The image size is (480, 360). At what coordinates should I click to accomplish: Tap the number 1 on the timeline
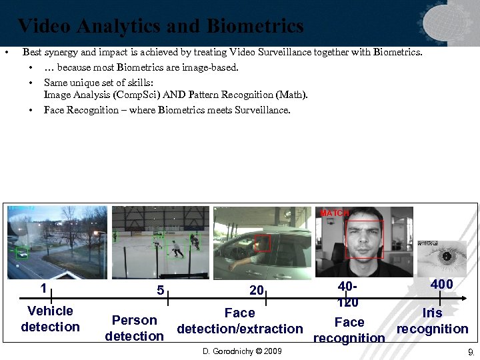pyautogui.click(x=43, y=289)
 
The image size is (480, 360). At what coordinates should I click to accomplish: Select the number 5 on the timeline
pyautogui.click(x=160, y=291)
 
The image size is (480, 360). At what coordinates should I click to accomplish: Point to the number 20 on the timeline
pyautogui.click(x=257, y=291)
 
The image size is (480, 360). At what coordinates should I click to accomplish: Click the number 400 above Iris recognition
pyautogui.click(x=441, y=285)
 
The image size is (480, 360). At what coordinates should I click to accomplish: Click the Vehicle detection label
pyautogui.click(x=50, y=319)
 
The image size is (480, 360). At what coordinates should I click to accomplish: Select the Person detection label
pyautogui.click(x=134, y=328)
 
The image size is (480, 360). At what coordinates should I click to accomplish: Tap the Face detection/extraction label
pyautogui.click(x=239, y=321)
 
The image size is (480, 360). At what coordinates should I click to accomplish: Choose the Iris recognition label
pyautogui.click(x=432, y=321)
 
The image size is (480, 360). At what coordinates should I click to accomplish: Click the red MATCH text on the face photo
pyautogui.click(x=335, y=213)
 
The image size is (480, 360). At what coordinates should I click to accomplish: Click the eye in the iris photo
pyautogui.click(x=446, y=256)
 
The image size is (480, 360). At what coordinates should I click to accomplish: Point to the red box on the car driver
pyautogui.click(x=262, y=243)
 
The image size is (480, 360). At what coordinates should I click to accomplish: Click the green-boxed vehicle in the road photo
pyautogui.click(x=22, y=253)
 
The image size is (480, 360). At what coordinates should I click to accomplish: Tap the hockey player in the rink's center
pyautogui.click(x=177, y=249)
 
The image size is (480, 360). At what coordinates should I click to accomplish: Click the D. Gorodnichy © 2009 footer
pyautogui.click(x=242, y=351)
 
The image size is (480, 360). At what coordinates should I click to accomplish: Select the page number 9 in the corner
pyautogui.click(x=470, y=351)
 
